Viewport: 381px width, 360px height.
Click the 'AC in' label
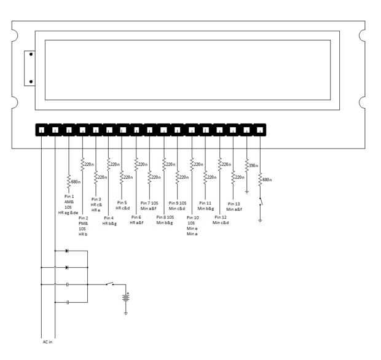tap(47, 342)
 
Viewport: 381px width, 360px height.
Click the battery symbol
tap(126, 298)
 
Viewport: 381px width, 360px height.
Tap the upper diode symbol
tap(66, 251)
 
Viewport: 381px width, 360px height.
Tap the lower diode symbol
tap(66, 267)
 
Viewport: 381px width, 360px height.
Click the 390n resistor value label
tap(252, 165)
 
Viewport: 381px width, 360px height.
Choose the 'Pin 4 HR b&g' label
tap(109, 221)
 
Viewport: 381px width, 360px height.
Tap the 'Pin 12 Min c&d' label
tap(221, 220)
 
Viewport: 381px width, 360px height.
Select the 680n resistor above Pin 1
tap(69, 181)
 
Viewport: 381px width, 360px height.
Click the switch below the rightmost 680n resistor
tap(260, 202)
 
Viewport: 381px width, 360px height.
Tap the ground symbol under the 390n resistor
tap(247, 192)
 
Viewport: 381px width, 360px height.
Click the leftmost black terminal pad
tap(41, 130)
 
